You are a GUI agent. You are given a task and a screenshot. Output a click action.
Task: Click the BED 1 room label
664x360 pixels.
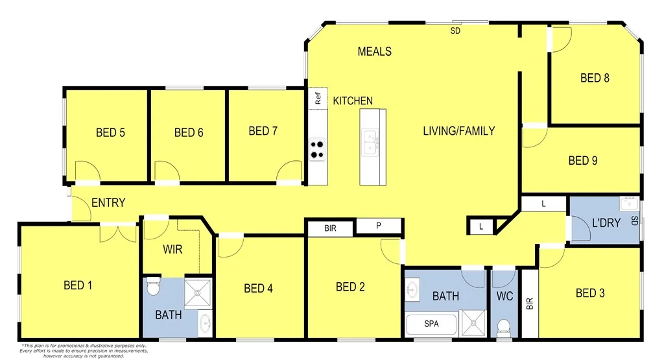click(x=77, y=285)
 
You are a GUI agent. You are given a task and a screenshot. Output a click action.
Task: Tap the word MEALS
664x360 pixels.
click(x=374, y=51)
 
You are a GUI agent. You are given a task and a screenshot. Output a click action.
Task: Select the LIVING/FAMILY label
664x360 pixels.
click(x=458, y=131)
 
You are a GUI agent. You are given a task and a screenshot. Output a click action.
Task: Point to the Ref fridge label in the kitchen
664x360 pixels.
click(x=318, y=99)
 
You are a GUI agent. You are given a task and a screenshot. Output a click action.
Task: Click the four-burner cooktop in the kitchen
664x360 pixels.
click(x=317, y=149)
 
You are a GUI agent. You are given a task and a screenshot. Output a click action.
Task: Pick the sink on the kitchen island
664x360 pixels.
click(x=370, y=142)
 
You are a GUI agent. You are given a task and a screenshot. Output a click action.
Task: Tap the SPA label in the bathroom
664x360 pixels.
click(x=431, y=323)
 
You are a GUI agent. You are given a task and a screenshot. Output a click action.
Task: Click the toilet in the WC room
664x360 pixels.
click(x=503, y=328)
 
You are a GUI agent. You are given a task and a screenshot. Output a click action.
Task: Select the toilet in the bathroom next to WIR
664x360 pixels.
click(x=153, y=285)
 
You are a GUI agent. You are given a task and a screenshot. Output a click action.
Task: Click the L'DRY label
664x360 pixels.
click(x=606, y=222)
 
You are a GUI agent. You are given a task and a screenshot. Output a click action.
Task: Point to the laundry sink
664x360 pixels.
click(x=628, y=203)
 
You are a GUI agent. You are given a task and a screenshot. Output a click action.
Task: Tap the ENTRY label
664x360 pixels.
click(x=108, y=203)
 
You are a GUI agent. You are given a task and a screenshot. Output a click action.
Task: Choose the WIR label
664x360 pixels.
click(x=172, y=249)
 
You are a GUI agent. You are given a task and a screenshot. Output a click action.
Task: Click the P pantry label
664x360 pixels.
click(x=379, y=226)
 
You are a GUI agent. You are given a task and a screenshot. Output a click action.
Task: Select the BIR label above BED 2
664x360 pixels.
click(x=330, y=228)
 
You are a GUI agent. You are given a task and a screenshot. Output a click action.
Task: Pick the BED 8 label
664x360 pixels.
click(x=595, y=78)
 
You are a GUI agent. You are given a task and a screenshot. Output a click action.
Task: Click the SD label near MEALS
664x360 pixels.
click(x=455, y=30)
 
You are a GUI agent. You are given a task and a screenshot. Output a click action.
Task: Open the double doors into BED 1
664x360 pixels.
click(x=118, y=232)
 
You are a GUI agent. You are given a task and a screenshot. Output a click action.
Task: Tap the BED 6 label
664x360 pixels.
click(x=189, y=132)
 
